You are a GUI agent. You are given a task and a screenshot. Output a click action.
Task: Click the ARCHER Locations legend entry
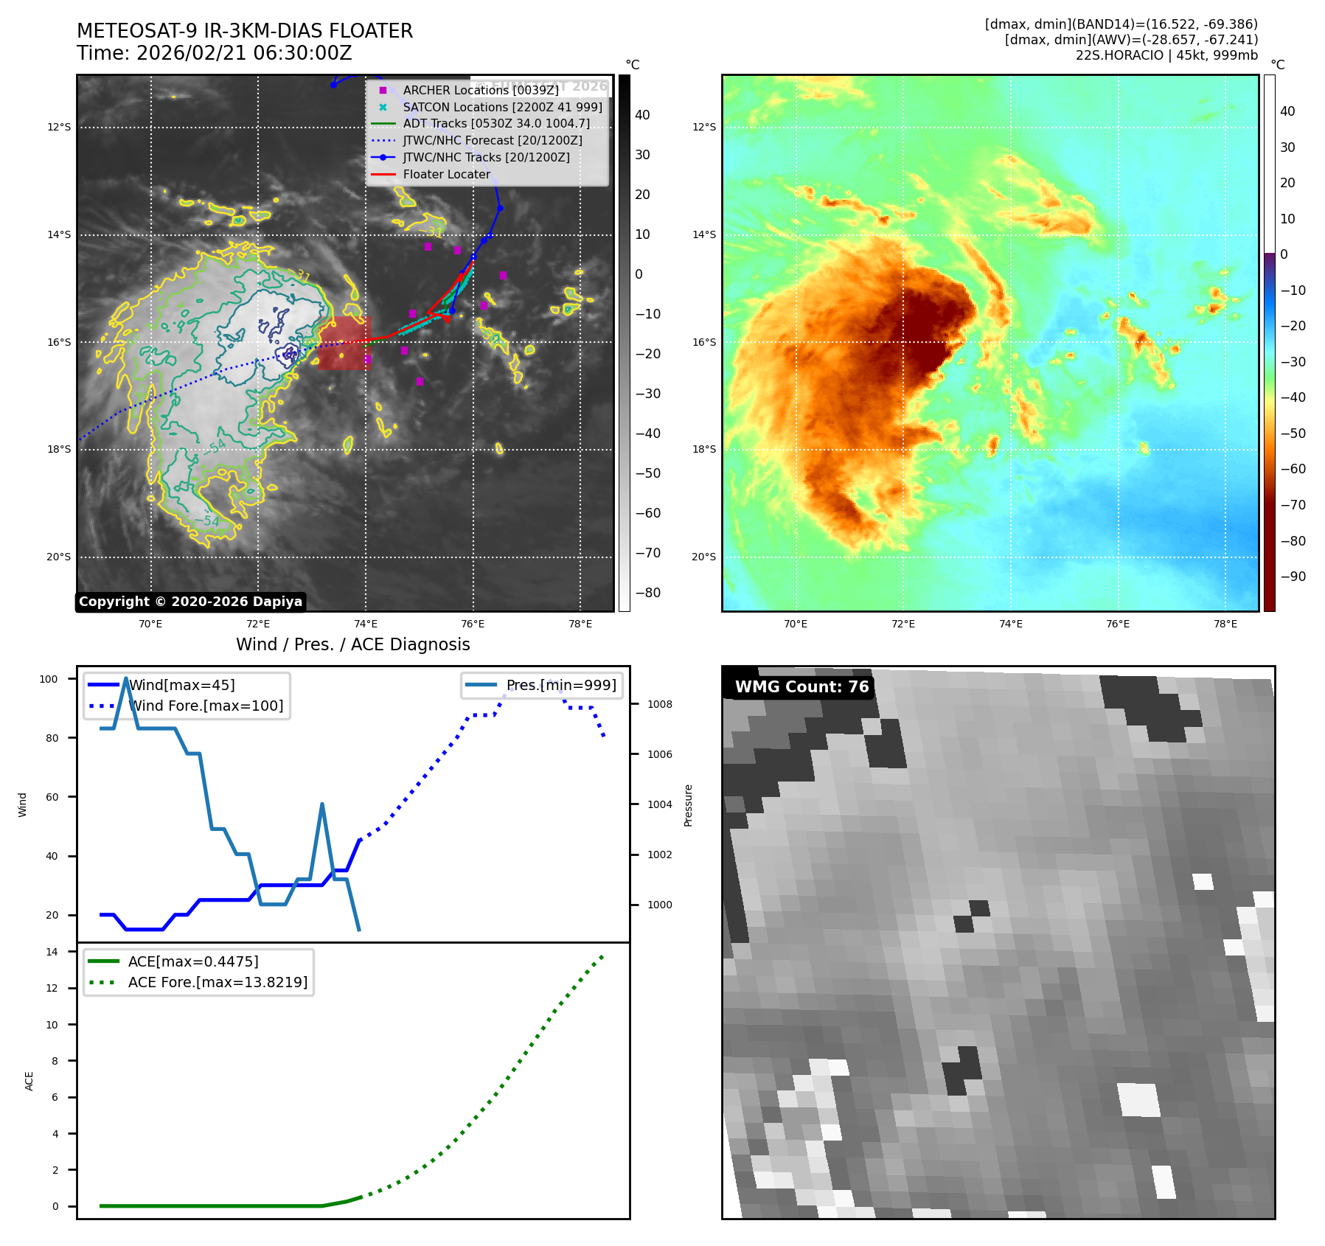(x=480, y=90)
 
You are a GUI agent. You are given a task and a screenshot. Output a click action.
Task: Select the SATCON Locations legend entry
(x=502, y=107)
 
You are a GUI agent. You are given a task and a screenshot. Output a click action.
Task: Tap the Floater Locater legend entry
(x=446, y=174)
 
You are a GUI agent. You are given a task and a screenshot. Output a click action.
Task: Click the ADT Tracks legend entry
(x=496, y=124)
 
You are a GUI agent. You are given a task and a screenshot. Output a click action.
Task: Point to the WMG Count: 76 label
(x=801, y=687)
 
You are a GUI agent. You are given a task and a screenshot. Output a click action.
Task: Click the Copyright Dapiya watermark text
(x=190, y=602)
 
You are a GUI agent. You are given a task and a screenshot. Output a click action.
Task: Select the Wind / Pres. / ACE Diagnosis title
(x=352, y=644)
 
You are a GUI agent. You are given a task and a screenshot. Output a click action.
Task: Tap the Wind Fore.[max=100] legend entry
(x=205, y=706)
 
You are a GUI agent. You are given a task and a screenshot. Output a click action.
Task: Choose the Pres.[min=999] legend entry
(x=560, y=685)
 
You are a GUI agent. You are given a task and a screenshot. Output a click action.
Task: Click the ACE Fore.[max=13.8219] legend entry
(x=218, y=982)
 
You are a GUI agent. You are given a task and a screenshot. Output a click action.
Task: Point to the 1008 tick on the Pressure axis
(x=659, y=704)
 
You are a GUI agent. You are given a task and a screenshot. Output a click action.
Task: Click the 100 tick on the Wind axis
(x=49, y=679)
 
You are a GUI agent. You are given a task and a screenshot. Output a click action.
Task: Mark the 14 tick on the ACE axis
(x=52, y=952)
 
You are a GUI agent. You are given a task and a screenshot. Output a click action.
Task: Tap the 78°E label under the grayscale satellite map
(x=580, y=624)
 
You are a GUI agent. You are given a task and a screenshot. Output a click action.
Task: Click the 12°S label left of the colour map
(x=703, y=127)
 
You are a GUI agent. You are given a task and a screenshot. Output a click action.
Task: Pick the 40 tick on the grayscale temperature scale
(x=642, y=115)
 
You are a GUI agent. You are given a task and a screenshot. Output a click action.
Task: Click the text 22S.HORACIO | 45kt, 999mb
(x=1166, y=55)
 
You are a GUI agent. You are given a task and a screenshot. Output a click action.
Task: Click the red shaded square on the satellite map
(x=344, y=343)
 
